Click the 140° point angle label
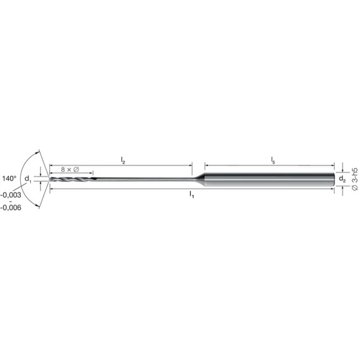9,178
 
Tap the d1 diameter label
28,179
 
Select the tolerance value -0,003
11,195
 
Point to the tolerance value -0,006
11,208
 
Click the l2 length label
123,160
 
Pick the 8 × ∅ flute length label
70,170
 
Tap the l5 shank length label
273,160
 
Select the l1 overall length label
192,195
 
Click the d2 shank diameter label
342,178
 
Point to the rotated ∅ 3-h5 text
354,179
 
